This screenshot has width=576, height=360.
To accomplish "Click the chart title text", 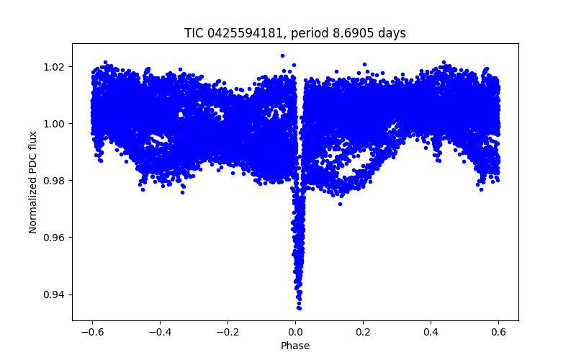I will point(295,33).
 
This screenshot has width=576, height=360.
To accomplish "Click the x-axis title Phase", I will point(295,346).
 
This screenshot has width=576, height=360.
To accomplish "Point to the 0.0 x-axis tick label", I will point(295,332).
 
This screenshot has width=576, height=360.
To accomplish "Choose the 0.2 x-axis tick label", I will point(363,332).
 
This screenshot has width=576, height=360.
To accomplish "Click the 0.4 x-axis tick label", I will point(431,332).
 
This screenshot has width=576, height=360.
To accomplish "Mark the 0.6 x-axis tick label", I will point(498,332).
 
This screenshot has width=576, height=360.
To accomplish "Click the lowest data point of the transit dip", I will point(299,308).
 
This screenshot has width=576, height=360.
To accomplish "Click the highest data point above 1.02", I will point(282,55).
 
